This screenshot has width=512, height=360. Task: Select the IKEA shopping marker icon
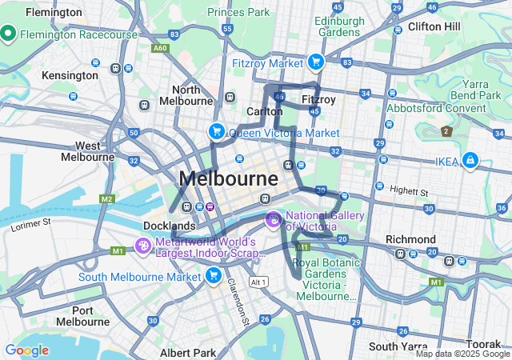[470, 162]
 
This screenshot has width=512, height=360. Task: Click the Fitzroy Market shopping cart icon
[316, 62]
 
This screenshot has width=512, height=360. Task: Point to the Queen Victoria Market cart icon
[216, 132]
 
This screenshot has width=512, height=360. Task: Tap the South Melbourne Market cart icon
[213, 276]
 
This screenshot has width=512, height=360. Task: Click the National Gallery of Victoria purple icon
[274, 218]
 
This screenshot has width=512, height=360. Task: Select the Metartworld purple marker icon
[143, 246]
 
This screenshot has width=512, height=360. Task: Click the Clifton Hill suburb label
[434, 26]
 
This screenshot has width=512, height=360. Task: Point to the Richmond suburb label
[410, 239]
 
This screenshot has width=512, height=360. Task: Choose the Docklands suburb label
[170, 226]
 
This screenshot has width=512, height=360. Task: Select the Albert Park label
[187, 353]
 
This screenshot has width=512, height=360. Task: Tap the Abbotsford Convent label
[437, 108]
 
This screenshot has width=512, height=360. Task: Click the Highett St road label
[409, 193]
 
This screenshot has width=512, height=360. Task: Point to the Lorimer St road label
[31, 225]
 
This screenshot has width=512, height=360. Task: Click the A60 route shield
[161, 48]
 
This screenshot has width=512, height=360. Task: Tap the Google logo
[26, 350]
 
